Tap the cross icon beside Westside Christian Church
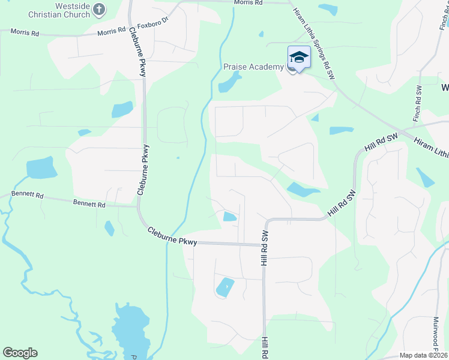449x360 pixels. [100, 10]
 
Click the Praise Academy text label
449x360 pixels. [253, 67]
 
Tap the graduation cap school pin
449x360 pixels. [299, 58]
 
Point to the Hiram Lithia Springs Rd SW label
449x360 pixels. [313, 36]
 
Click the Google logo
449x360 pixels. [20, 353]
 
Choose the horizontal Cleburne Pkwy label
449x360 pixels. [173, 236]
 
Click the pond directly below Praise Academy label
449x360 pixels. [229, 83]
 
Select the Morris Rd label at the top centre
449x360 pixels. [248, 3]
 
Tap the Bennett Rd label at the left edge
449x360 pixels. [27, 196]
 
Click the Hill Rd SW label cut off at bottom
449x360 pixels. [264, 349]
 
